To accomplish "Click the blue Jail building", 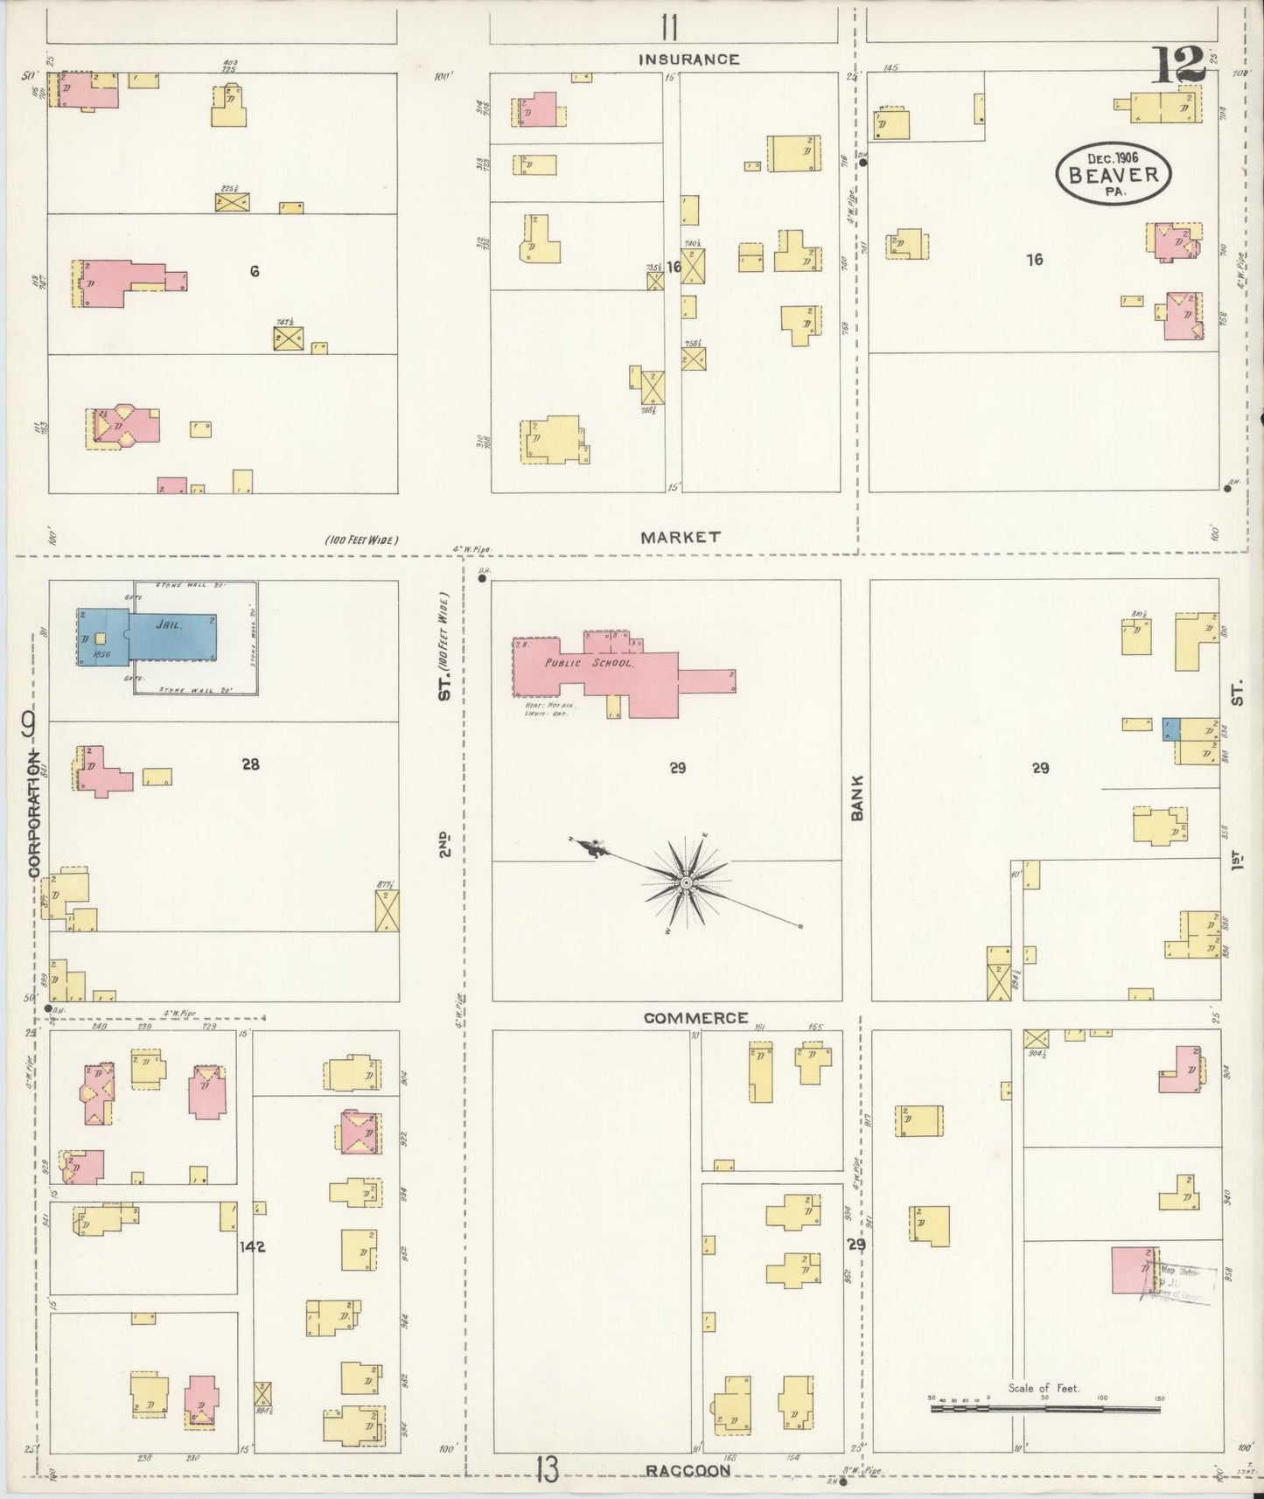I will pyautogui.click(x=166, y=637).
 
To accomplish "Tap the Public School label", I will pyautogui.click(x=589, y=663).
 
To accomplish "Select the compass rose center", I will pyautogui.click(x=688, y=883).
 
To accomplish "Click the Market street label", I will pyautogui.click(x=680, y=537).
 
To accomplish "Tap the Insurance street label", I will pyautogui.click(x=688, y=59).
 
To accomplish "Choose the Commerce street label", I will pyautogui.click(x=695, y=1018).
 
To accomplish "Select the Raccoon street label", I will pyautogui.click(x=688, y=1471).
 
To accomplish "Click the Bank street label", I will pyautogui.click(x=857, y=798).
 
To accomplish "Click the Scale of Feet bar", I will pyautogui.click(x=1045, y=1409).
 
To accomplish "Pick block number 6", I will pyautogui.click(x=254, y=272).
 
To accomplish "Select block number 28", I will pyautogui.click(x=251, y=764).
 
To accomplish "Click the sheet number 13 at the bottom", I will pyautogui.click(x=547, y=1470).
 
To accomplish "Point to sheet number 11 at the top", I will pyautogui.click(x=669, y=29).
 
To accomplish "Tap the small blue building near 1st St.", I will pyautogui.click(x=1171, y=729).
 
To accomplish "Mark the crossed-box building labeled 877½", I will pyautogui.click(x=387, y=910).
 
